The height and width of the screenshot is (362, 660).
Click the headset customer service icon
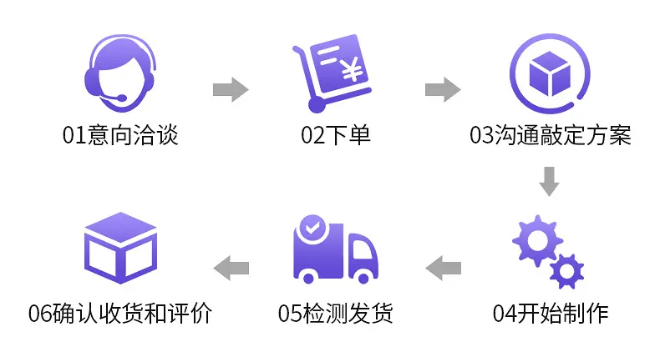(121, 73)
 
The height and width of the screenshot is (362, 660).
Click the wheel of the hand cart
(317, 104)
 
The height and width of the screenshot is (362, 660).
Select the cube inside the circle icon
(550, 73)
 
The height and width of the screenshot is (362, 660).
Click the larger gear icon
(537, 241)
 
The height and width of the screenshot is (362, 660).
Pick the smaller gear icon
(566, 272)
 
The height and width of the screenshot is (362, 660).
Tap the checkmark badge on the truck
(312, 228)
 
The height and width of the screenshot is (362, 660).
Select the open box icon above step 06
(121, 248)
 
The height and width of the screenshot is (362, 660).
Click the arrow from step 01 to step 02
(231, 89)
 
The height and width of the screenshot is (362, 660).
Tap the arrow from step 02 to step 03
(443, 89)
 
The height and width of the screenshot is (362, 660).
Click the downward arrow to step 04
(549, 182)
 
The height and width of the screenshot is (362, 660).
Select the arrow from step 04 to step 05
(444, 268)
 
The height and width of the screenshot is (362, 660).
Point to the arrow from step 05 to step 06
(231, 268)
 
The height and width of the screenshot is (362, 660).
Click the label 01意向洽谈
(120, 135)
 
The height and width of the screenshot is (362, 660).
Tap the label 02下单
(336, 135)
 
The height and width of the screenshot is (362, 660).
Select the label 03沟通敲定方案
(551, 135)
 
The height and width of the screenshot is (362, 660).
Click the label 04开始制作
(551, 314)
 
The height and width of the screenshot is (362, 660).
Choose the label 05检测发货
(336, 314)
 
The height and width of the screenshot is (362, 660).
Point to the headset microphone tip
(122, 98)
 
